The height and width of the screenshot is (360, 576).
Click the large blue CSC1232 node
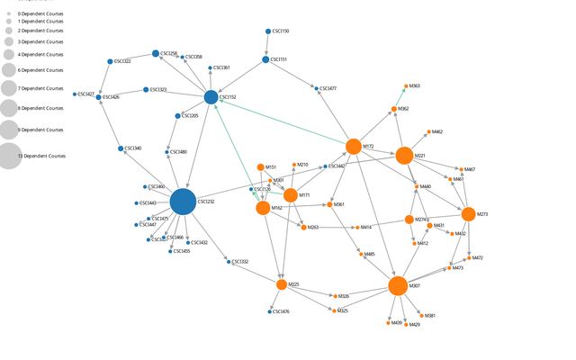183,202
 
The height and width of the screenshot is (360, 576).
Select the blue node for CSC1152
211,97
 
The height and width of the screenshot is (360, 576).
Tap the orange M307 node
398,285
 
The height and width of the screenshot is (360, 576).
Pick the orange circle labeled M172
354,146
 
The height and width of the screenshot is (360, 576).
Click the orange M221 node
404,156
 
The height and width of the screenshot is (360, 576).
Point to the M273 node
468,214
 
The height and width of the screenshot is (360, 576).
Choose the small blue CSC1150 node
268,31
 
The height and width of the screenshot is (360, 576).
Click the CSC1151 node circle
265,59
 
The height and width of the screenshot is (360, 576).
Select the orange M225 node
282,284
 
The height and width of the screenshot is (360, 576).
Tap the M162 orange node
263,208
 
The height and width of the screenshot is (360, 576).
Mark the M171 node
290,195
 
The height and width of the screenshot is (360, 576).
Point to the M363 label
415,85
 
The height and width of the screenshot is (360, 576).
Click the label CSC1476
281,311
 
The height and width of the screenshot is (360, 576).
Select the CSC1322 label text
122,61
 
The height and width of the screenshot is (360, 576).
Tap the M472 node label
478,257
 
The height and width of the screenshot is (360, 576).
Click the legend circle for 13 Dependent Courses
9,156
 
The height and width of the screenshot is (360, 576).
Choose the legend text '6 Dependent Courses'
40,69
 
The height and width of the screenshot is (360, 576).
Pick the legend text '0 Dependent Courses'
40,14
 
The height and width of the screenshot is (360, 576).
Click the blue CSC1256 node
156,54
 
